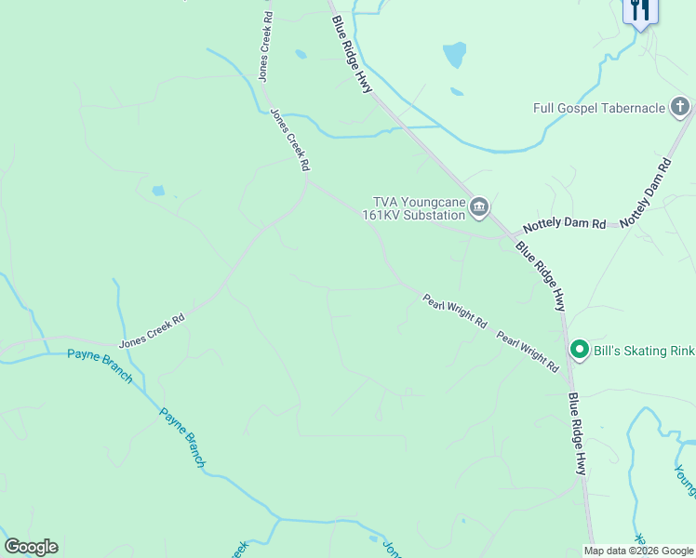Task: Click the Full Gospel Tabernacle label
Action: (x=599, y=108)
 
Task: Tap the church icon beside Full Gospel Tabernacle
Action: (x=680, y=107)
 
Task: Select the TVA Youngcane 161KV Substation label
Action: (x=418, y=208)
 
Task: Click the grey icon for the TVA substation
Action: (x=479, y=206)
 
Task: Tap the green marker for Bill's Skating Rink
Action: (x=579, y=350)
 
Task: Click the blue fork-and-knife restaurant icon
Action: (x=639, y=10)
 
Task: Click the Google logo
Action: (x=31, y=547)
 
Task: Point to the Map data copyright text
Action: (x=639, y=551)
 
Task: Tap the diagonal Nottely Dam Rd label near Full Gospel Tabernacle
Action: (x=645, y=193)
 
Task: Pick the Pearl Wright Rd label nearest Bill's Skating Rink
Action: (x=527, y=352)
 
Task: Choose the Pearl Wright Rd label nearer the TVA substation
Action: (x=455, y=312)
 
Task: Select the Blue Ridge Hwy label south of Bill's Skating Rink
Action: (x=578, y=433)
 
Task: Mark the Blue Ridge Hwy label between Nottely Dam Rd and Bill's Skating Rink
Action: (x=542, y=276)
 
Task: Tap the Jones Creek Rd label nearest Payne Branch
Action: (x=152, y=330)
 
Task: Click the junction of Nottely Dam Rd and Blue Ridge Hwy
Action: (x=507, y=236)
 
